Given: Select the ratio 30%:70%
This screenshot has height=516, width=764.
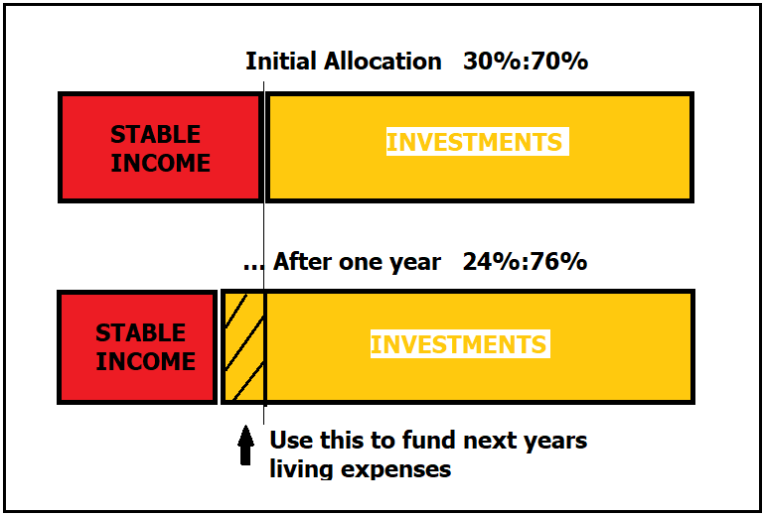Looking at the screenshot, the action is click(x=526, y=62).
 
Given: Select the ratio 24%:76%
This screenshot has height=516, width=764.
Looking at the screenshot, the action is click(x=525, y=262).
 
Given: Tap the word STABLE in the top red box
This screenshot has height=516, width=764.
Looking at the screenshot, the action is click(x=155, y=134).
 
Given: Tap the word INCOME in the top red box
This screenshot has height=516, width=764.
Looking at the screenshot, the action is click(x=160, y=163).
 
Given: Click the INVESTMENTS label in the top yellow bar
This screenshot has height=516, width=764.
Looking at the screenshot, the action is click(x=475, y=142).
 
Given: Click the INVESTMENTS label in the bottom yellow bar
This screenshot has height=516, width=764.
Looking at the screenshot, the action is click(x=458, y=344).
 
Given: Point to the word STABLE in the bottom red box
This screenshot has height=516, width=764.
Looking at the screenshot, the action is click(x=140, y=333).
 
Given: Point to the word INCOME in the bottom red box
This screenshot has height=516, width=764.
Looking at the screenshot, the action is click(x=145, y=361).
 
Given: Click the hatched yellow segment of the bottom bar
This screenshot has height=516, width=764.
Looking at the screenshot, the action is click(x=243, y=347).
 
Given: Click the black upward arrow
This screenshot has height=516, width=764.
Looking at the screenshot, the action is click(x=245, y=445).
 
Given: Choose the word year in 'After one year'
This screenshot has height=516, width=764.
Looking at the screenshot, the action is click(x=419, y=263).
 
